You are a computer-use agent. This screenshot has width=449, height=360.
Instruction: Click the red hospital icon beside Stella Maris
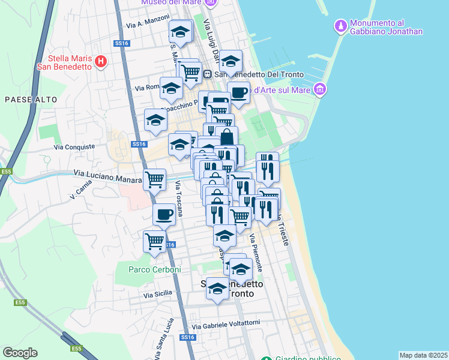point(101,61)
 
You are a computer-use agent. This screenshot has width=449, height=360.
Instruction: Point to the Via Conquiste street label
point(74,146)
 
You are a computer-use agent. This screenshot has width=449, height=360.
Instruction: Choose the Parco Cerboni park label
point(154,269)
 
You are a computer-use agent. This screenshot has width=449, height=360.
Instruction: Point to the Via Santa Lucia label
point(160,343)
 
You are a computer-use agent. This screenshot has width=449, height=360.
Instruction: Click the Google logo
point(20,353)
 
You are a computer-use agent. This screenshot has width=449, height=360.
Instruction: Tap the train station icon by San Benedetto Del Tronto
point(207,74)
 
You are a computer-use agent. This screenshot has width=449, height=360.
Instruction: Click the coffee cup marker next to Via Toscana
point(164,214)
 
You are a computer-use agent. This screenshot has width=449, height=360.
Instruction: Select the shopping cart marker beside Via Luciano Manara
point(154,179)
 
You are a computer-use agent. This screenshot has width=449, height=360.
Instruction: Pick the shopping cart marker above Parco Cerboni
point(154,241)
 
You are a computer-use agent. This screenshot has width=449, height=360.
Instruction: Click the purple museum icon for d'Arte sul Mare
point(319,90)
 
